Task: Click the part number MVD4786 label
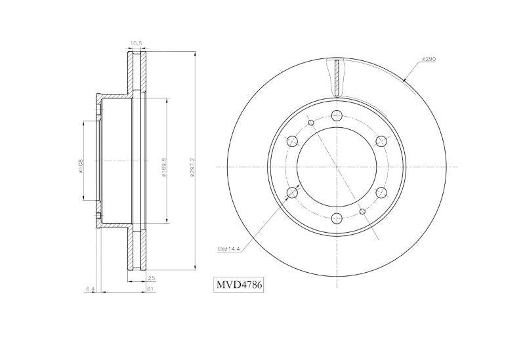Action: pos(239,285)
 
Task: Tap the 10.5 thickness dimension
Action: pos(136,43)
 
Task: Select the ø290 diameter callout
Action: pos(429,59)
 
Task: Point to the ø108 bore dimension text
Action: pos(81,167)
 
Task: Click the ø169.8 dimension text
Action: pos(164,167)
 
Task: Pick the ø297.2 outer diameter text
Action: pos(192,167)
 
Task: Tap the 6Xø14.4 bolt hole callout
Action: pos(227,249)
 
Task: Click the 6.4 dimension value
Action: pos(89,288)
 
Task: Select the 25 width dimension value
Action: pos(151,278)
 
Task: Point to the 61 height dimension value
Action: pos(151,288)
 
